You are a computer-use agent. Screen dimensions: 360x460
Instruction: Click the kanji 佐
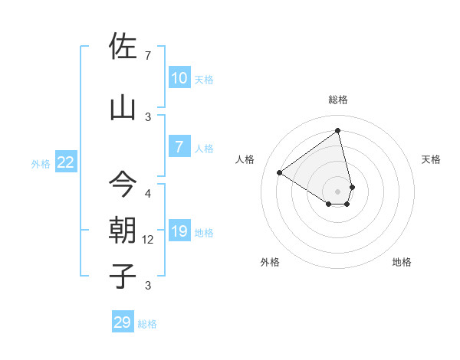click(x=123, y=47)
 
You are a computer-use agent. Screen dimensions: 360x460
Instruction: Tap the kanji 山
click(x=123, y=108)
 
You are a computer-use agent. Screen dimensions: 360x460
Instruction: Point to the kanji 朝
click(x=123, y=231)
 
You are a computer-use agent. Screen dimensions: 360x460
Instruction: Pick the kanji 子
click(x=123, y=276)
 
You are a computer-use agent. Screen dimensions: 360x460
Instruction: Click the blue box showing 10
click(x=179, y=78)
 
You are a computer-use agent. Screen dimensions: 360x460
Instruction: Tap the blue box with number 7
click(x=179, y=147)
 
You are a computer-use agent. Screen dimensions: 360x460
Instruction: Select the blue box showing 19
click(x=179, y=231)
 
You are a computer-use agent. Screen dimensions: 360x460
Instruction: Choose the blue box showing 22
click(x=66, y=162)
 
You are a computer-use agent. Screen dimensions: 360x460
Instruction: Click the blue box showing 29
click(x=123, y=322)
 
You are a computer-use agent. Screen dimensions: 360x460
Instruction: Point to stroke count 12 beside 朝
click(x=148, y=240)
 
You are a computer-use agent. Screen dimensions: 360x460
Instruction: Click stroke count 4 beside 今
click(x=148, y=193)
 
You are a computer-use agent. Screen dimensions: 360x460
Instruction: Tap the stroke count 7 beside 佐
click(x=148, y=55)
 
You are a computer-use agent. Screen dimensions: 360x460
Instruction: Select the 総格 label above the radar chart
click(x=337, y=100)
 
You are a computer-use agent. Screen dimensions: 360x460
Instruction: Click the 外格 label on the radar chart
click(x=270, y=262)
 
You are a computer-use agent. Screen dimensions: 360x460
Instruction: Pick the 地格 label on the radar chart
click(x=402, y=262)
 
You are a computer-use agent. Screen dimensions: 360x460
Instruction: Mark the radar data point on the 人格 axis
click(x=280, y=172)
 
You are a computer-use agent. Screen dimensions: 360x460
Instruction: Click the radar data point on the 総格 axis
click(x=337, y=131)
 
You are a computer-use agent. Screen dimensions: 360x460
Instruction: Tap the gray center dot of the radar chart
click(x=337, y=191)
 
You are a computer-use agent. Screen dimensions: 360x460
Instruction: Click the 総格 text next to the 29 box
click(x=147, y=324)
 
